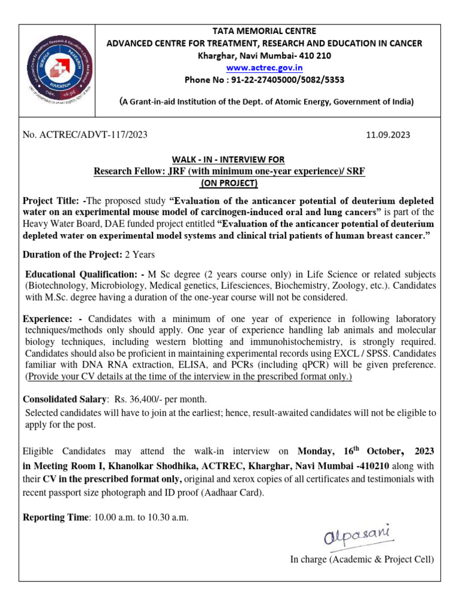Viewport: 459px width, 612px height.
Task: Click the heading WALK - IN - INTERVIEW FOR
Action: [x=228, y=160]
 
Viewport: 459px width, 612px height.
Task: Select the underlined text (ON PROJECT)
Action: [x=229, y=183]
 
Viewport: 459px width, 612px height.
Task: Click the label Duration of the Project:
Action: [x=72, y=254]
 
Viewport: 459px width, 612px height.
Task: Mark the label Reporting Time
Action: [x=54, y=517]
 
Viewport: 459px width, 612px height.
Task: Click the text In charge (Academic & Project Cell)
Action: [x=362, y=559]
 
